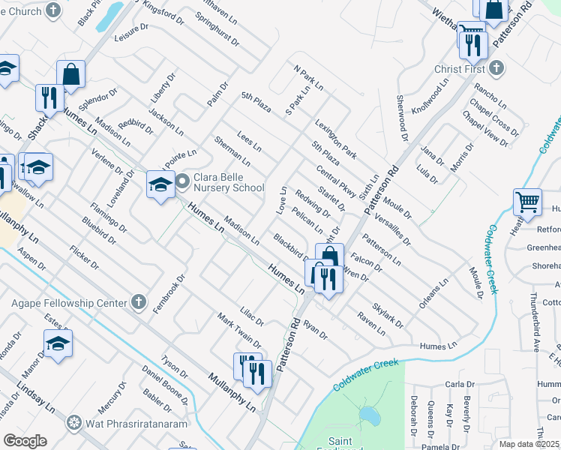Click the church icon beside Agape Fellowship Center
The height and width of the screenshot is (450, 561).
[x=137, y=302]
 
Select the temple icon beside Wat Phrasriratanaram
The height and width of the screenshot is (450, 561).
[x=73, y=421]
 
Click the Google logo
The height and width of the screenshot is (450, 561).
[x=25, y=441]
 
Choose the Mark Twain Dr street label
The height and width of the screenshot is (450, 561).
[x=239, y=331]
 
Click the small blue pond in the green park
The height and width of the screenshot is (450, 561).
[x=368, y=415]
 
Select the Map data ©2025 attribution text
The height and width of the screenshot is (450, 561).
[x=529, y=444]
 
